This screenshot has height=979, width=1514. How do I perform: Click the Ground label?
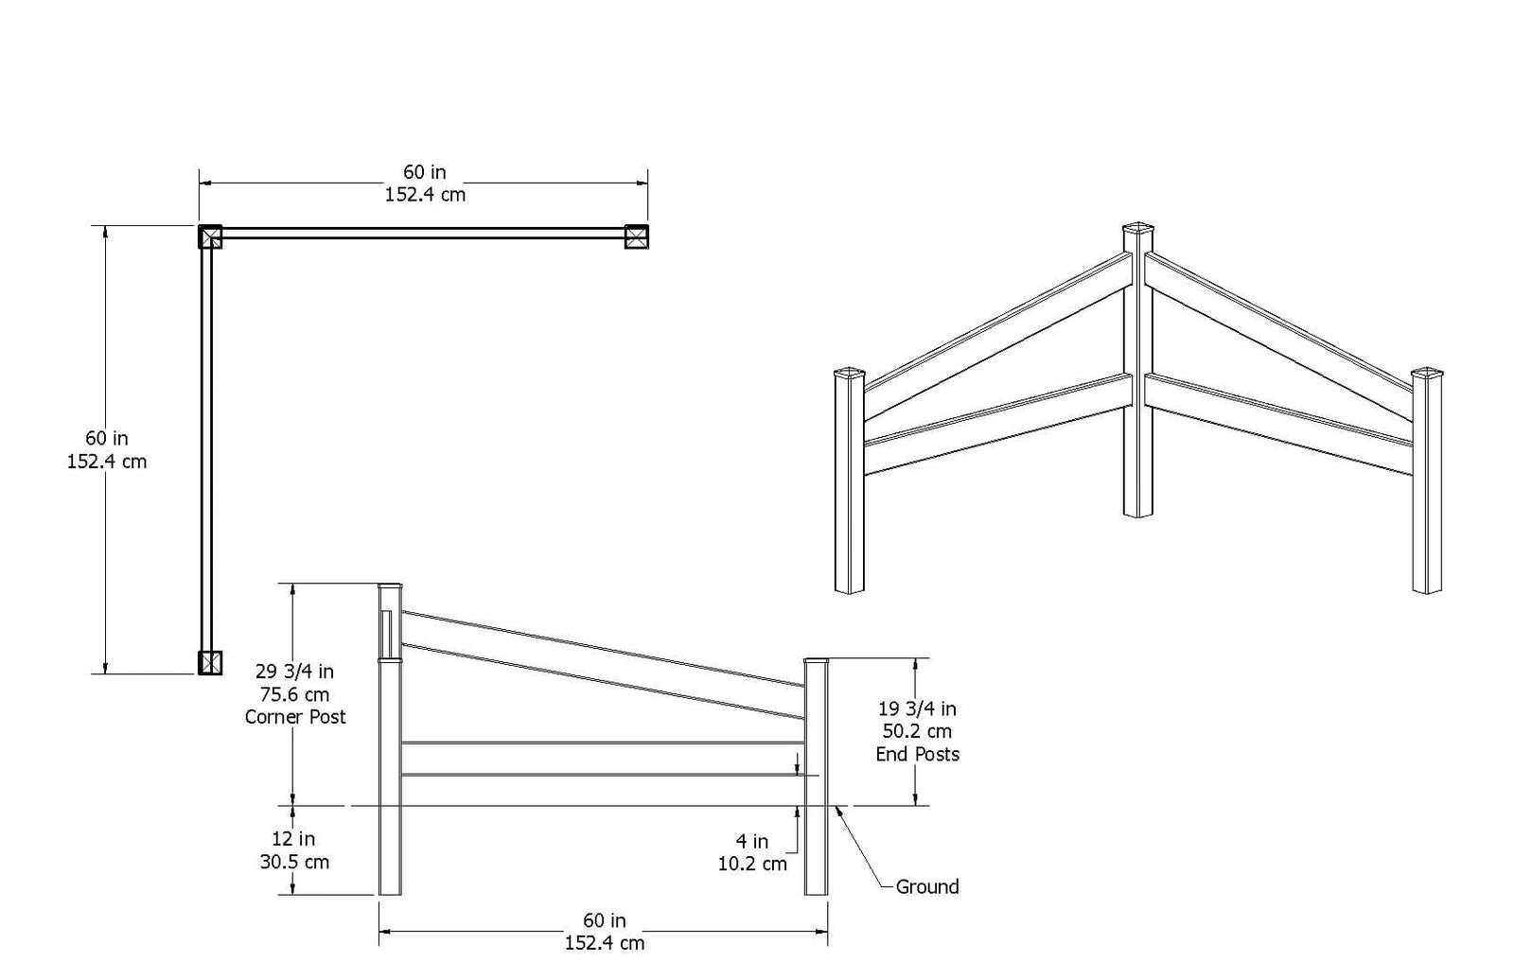[926, 886]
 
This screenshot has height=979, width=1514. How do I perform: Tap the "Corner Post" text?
[295, 717]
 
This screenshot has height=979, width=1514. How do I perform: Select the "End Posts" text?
[917, 754]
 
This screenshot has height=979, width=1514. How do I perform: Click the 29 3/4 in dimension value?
[294, 672]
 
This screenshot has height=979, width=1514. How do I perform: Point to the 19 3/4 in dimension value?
[917, 708]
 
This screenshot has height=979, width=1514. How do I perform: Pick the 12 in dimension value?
[293, 839]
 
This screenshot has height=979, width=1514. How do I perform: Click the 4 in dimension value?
[752, 841]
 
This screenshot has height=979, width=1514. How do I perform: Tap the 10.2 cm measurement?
[752, 864]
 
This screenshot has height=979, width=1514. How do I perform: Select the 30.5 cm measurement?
[294, 862]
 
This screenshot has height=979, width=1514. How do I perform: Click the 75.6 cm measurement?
[294, 694]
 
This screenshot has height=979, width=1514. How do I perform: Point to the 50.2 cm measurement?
[917, 731]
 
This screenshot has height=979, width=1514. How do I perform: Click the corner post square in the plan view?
[210, 236]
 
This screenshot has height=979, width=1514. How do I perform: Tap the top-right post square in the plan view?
[637, 236]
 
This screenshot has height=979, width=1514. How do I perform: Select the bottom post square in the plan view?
[210, 662]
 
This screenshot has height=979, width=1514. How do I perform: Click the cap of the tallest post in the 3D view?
[1137, 228]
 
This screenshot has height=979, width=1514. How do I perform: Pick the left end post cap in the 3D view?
[849, 373]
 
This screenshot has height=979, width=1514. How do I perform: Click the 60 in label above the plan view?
[425, 172]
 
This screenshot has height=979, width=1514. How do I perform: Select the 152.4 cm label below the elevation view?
[605, 943]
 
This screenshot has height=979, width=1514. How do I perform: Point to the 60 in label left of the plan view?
[107, 439]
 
